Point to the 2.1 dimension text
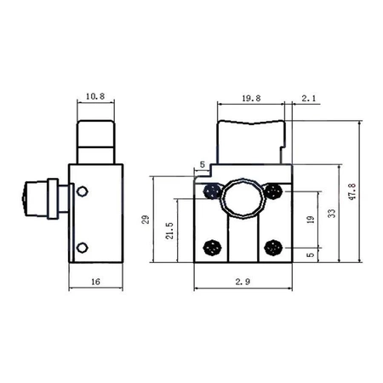click(x=309, y=100)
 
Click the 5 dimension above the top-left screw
click(x=203, y=164)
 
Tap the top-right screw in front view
click(x=272, y=192)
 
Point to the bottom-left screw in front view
click(x=210, y=248)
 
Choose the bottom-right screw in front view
click(x=272, y=248)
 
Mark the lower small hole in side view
click(x=82, y=248)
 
